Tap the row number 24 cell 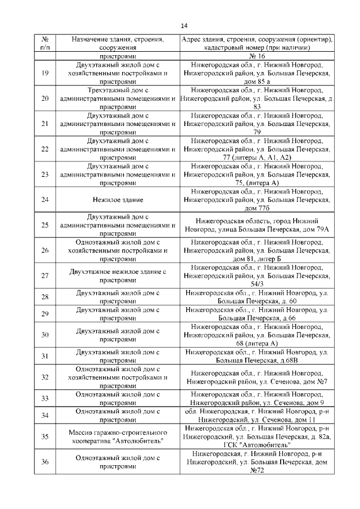tap(45, 200)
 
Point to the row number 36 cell tap(45, 462)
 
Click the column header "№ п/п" tap(45, 44)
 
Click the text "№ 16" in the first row tap(256, 57)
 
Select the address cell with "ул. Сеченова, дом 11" tap(256, 415)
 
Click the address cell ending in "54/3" tap(256, 276)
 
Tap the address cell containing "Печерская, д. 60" tap(256, 297)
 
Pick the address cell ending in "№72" tap(256, 462)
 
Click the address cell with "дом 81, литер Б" tap(256, 250)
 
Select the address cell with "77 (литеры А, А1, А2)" tap(256, 149)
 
